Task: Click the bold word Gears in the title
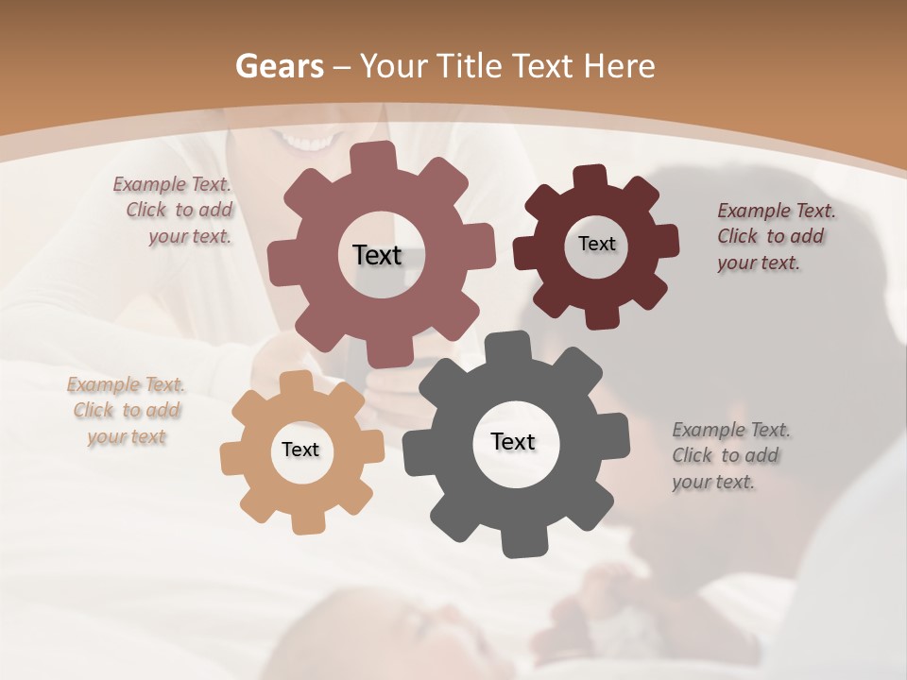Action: click(279, 66)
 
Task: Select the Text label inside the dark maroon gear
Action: click(596, 244)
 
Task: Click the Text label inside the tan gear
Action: click(300, 450)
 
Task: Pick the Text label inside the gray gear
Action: click(513, 441)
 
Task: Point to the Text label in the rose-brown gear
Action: click(377, 255)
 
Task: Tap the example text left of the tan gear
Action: click(126, 411)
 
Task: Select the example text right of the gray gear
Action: click(729, 455)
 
